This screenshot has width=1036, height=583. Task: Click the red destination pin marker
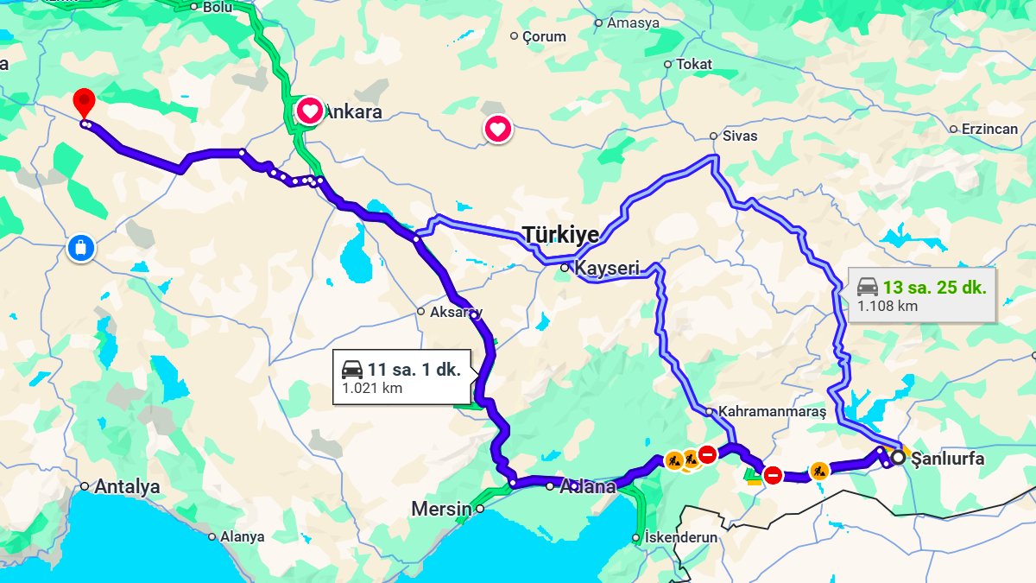point(83,102)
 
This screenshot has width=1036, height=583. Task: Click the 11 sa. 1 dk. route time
point(414,370)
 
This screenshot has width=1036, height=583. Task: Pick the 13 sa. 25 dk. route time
point(934,288)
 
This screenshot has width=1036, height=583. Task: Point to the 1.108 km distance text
point(888,306)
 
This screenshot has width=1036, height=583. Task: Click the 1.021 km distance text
point(372,388)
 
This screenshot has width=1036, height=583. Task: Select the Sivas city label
point(740,136)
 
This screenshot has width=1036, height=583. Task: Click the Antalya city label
point(127,486)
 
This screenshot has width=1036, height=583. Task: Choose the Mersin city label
point(441,509)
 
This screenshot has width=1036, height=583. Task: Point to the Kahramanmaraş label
point(772,412)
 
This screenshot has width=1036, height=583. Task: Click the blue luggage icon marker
point(80,249)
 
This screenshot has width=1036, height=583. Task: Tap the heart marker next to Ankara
point(309,111)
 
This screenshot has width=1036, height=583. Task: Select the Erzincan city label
point(983,129)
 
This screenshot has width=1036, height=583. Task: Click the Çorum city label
point(544,36)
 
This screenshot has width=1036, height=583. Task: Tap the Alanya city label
point(242,536)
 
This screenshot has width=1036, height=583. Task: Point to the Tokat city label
point(694,64)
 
